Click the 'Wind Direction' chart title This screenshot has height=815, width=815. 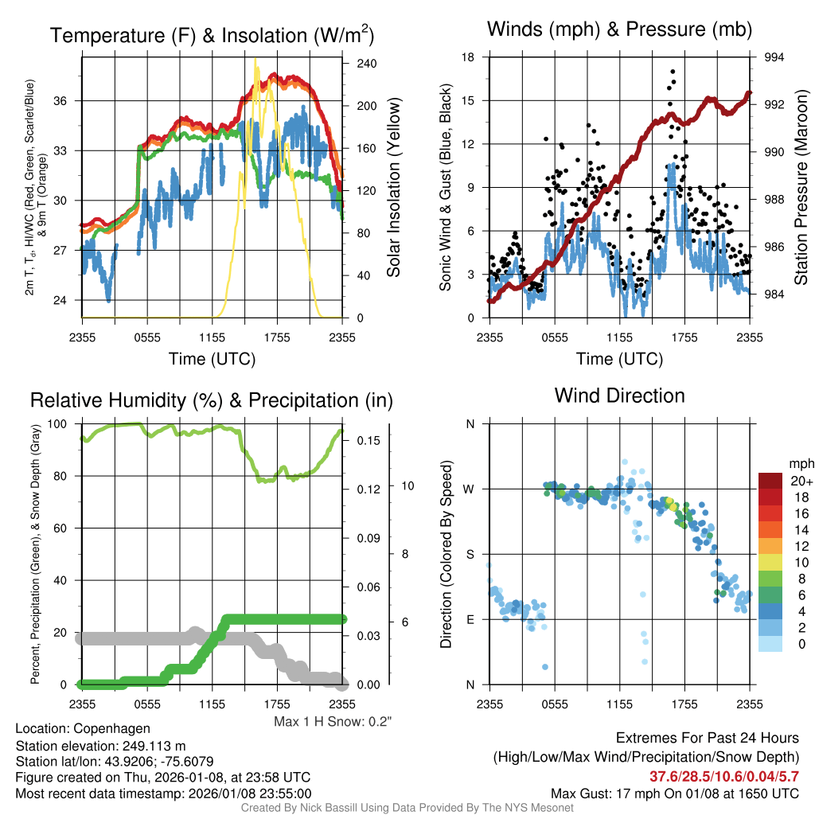pos(619,396)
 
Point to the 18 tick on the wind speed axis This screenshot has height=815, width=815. pos(469,57)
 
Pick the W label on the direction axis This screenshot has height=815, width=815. pos(470,489)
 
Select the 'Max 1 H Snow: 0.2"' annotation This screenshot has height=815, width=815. pos(333,722)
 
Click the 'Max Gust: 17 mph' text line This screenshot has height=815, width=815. pos(675,794)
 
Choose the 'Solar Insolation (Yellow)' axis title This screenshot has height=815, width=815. pos(393,187)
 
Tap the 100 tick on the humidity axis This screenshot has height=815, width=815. pos(61,424)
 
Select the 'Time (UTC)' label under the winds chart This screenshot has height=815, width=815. pos(619,359)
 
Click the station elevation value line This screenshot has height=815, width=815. pos(100,745)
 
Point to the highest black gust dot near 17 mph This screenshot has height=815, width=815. pos(673,72)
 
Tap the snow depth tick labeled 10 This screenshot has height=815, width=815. pos(404,485)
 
